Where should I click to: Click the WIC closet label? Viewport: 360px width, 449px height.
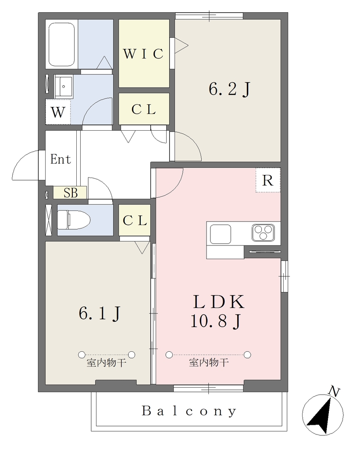[x=143, y=53]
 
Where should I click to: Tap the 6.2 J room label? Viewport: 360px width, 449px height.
[x=230, y=89]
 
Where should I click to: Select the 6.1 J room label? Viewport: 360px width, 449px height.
[x=100, y=313]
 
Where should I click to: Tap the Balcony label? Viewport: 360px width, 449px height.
[x=189, y=411]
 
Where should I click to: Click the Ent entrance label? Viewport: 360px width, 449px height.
[x=61, y=159]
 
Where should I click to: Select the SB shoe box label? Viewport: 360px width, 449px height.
[x=71, y=193]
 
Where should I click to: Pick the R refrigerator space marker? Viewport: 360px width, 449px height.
[x=268, y=180]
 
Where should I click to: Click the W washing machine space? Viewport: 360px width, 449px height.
[x=58, y=112]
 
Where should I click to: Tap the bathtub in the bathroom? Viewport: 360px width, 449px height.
[x=62, y=44]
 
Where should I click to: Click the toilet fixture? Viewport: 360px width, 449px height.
[x=74, y=220]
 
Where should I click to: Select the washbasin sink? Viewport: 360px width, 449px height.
[x=64, y=86]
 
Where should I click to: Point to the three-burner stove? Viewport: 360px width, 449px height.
[x=263, y=232]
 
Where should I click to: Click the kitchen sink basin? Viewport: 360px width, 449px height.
[x=221, y=234]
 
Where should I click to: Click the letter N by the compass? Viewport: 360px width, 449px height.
[x=334, y=391]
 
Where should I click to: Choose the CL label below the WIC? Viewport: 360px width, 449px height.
[x=143, y=109]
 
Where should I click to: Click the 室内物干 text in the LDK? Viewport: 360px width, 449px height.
[x=209, y=363]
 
